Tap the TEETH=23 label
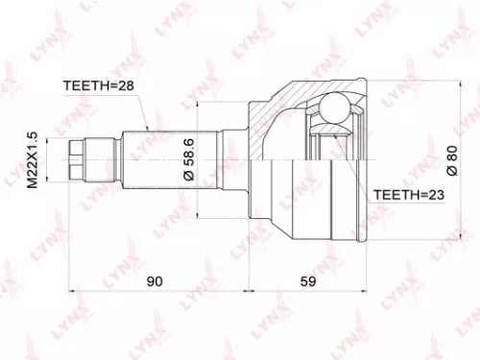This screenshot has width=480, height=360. [403, 194]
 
